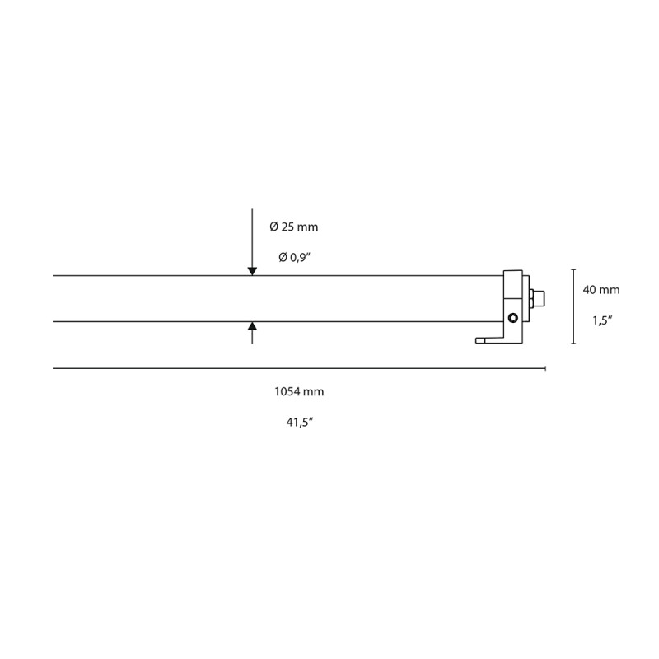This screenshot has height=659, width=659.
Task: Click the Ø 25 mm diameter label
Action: tap(293, 227)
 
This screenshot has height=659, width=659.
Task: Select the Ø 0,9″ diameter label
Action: tap(294, 258)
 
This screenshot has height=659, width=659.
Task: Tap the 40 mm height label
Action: tap(601, 290)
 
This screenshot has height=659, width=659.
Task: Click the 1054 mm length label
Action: tap(293, 392)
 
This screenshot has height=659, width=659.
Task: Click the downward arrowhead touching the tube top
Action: tap(252, 269)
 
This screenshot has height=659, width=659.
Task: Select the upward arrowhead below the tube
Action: tap(252, 327)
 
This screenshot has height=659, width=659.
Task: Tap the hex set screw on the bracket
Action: tap(512, 318)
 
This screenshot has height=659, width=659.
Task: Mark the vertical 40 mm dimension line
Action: tap(574, 306)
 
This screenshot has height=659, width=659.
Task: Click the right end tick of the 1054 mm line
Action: tap(545, 368)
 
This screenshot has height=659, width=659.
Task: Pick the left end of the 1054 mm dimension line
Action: tap(54, 368)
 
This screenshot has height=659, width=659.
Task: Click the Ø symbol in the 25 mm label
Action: tap(273, 227)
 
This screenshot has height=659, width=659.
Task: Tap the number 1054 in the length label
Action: tap(285, 392)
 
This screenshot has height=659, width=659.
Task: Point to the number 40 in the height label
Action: tap(589, 290)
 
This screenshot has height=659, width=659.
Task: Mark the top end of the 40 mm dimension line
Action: tap(574, 269)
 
